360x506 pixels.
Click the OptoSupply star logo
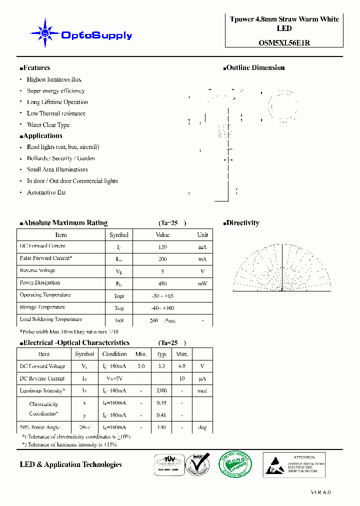pyautogui.click(x=45, y=33)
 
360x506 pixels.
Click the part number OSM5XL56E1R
pyautogui.click(x=284, y=43)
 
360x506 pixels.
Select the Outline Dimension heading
pyautogui.click(x=255, y=68)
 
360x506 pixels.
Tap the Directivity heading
pyautogui.click(x=242, y=223)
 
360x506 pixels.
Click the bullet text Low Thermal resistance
pyautogui.click(x=56, y=113)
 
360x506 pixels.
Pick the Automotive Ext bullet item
pyautogui.click(x=46, y=192)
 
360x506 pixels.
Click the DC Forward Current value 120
pyautogui.click(x=162, y=247)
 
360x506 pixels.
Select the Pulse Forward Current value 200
pyautogui.click(x=162, y=259)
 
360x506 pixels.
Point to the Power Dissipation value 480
pyautogui.click(x=162, y=283)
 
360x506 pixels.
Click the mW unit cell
pyautogui.click(x=202, y=283)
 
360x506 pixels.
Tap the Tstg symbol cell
pyautogui.click(x=119, y=308)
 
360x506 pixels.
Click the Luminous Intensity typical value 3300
pyautogui.click(x=161, y=391)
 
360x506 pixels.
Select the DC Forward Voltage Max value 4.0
pyautogui.click(x=181, y=366)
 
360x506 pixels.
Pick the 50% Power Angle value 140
pyautogui.click(x=161, y=427)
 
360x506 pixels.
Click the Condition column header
pyautogui.click(x=114, y=354)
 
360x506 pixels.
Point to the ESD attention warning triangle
pyautogui.click(x=275, y=465)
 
